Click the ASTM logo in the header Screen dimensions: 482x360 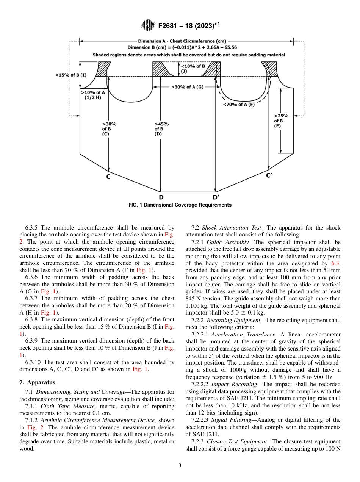point(148,25)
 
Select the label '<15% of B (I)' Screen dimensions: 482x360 point(71,75)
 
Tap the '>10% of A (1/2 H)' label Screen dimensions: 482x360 point(92,95)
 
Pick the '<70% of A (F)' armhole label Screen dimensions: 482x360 point(238,105)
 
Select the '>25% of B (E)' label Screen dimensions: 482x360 point(281,121)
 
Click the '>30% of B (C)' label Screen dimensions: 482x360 point(109,129)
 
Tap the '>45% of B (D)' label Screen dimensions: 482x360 point(161,129)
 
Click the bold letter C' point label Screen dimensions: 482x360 point(269,175)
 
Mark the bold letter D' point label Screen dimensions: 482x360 point(216,197)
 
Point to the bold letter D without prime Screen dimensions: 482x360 point(161,197)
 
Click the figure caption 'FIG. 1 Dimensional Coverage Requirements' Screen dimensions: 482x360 point(180,205)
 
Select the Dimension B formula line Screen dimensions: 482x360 point(182,47)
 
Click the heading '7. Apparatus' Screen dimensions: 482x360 point(38,382)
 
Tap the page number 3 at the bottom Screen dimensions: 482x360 point(180,465)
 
